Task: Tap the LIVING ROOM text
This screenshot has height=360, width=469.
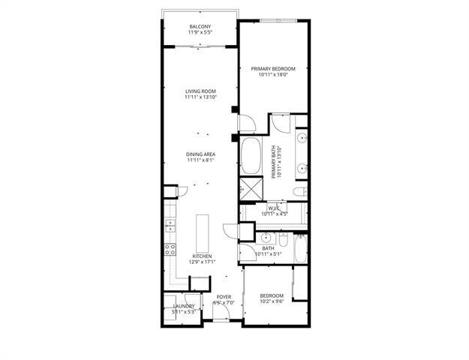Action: [200, 91]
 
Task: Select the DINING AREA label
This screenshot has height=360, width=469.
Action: [200, 154]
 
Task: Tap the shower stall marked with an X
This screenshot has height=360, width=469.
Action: [248, 188]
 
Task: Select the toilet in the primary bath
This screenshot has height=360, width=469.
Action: [299, 193]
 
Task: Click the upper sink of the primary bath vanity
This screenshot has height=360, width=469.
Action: [302, 140]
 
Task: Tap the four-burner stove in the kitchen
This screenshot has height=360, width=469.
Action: [170, 250]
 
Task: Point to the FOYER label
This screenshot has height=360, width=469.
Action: [224, 297]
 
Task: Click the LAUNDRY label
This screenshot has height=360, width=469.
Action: [183, 306]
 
